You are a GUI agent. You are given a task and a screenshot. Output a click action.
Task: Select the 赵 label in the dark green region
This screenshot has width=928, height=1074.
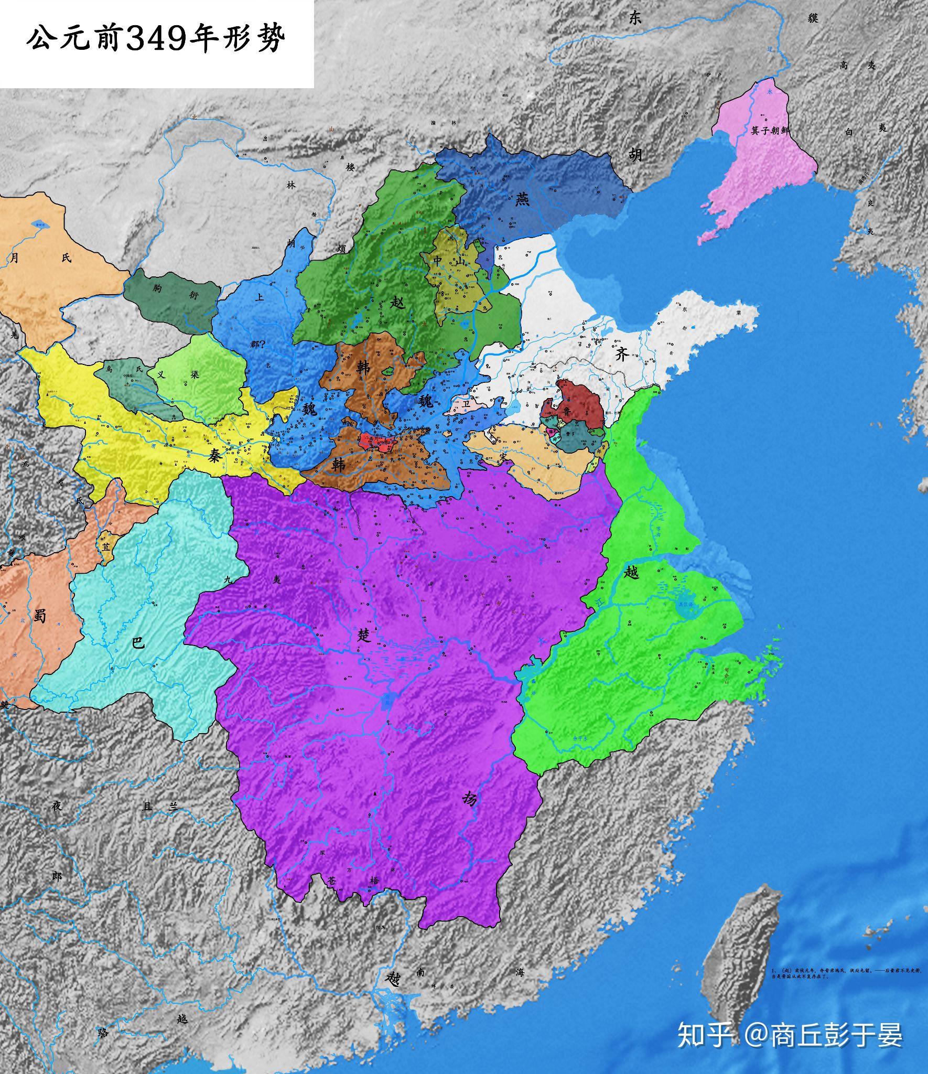(x=398, y=303)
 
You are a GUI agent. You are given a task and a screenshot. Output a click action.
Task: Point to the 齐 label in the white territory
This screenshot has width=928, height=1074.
(x=622, y=355)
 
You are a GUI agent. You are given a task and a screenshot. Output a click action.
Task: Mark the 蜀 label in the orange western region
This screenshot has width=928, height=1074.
(x=40, y=615)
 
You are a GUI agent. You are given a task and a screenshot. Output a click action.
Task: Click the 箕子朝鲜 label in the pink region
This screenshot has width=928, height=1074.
(x=770, y=130)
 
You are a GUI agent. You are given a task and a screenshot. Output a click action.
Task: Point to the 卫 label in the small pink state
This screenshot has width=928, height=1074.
(x=466, y=404)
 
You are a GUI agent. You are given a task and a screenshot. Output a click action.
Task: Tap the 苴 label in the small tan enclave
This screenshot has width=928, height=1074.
(x=107, y=545)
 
